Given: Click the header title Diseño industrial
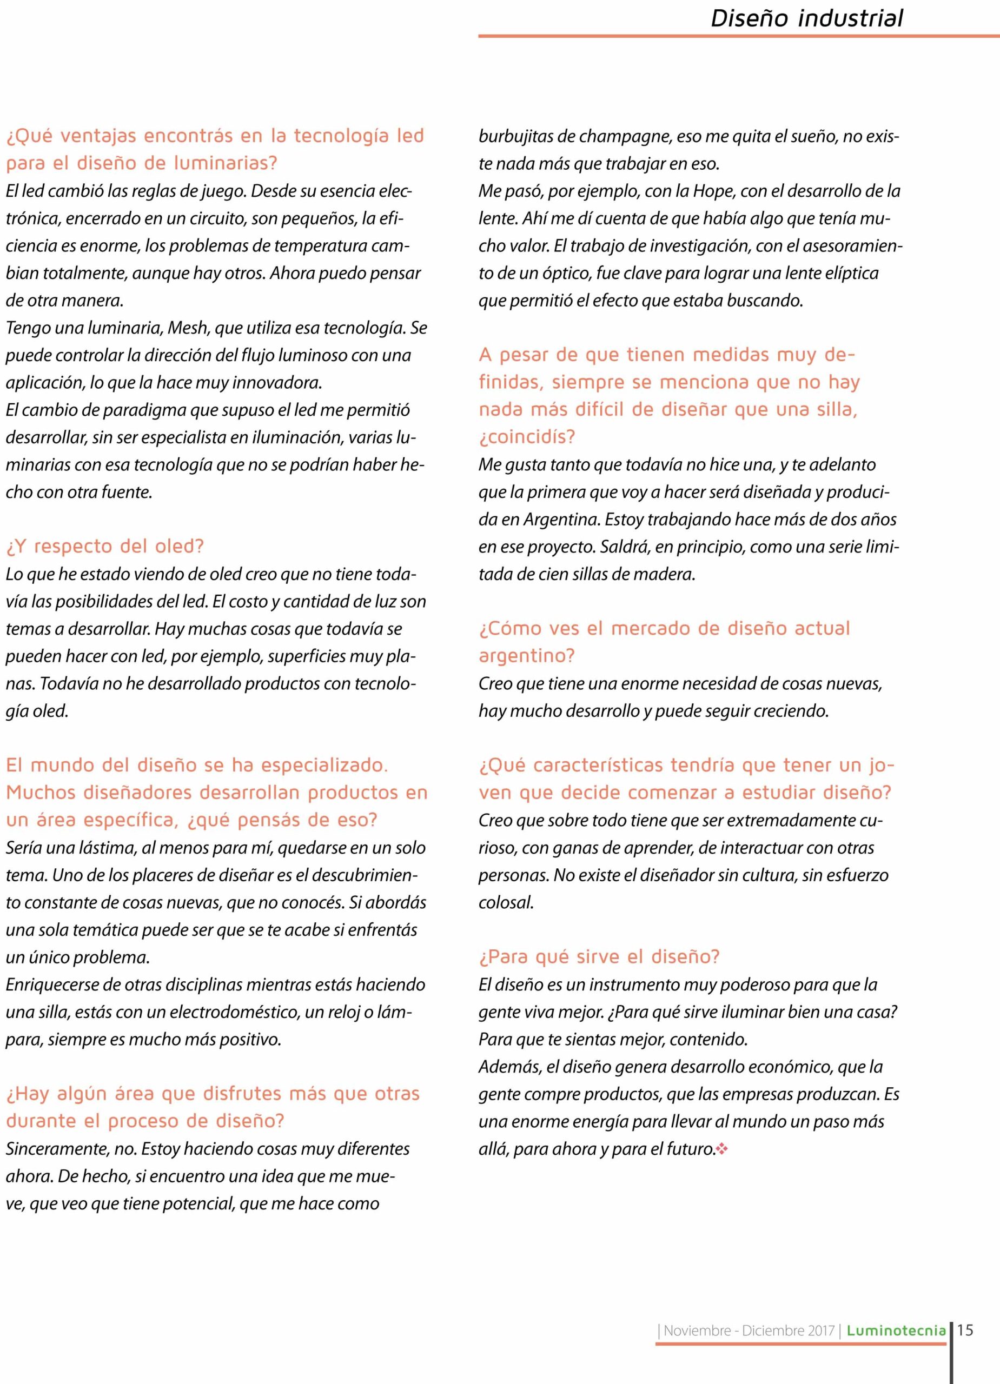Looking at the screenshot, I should click(x=806, y=18).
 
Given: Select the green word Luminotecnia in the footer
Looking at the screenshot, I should click(x=896, y=1331).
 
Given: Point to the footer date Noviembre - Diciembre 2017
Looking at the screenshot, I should click(x=749, y=1331).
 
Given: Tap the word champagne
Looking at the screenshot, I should click(x=625, y=136).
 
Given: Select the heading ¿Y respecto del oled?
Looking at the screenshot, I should click(x=104, y=546).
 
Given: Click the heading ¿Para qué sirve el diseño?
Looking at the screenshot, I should click(x=599, y=956).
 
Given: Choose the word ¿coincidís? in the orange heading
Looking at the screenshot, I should click(x=527, y=437).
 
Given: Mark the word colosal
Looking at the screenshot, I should click(x=506, y=902).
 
